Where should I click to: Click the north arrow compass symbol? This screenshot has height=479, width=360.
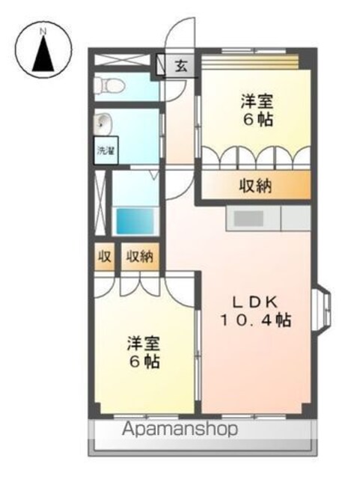(x=43, y=49)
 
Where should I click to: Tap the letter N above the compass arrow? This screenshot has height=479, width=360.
(x=43, y=31)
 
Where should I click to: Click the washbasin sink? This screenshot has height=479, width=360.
(x=103, y=124)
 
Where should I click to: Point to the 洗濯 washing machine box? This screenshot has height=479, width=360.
(x=106, y=150)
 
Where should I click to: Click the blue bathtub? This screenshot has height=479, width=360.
(x=135, y=222)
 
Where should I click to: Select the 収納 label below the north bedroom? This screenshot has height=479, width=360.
(x=255, y=186)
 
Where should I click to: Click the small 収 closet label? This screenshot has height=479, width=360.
(x=104, y=257)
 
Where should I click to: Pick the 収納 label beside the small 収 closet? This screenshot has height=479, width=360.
(x=140, y=257)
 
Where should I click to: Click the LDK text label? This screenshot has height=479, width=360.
(x=255, y=302)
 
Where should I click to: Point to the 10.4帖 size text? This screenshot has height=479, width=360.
(x=255, y=320)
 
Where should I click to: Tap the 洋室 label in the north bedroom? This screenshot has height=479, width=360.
(x=257, y=102)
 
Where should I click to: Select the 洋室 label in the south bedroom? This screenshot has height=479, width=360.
(x=144, y=344)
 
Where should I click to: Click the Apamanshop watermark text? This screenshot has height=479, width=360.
(x=180, y=430)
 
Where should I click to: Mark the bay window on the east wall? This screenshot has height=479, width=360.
(x=322, y=309)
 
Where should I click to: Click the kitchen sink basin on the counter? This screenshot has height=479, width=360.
(x=248, y=219)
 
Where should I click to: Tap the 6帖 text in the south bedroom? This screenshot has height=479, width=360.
(x=144, y=362)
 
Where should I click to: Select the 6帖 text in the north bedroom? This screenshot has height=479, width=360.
(x=257, y=120)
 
